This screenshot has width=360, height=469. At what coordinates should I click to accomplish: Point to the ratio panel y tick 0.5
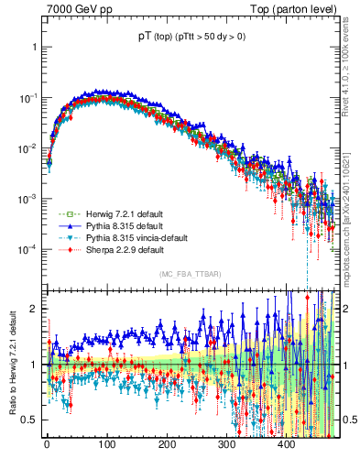click(30, 420)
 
